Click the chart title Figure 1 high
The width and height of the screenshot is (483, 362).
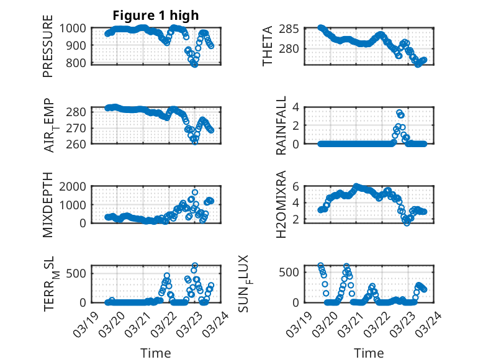pyautogui.click(x=155, y=16)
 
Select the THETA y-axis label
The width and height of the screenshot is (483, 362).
pyautogui.click(x=268, y=46)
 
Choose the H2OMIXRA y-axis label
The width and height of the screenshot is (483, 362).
pyautogui.click(x=281, y=204)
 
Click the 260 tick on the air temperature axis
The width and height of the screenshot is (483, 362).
pyautogui.click(x=79, y=143)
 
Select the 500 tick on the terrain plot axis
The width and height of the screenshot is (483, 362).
pyautogui.click(x=79, y=271)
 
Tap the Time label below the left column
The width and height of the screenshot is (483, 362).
pyautogui.click(x=155, y=353)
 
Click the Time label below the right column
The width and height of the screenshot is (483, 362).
pyautogui.click(x=369, y=353)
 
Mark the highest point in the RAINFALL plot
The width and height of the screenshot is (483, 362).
pyautogui.click(x=399, y=113)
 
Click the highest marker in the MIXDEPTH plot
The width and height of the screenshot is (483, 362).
pyautogui.click(x=195, y=192)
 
